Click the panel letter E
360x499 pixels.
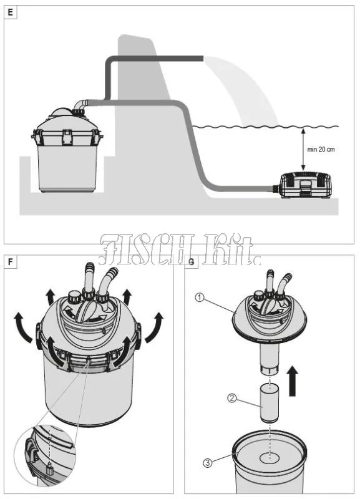11,12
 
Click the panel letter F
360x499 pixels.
11,262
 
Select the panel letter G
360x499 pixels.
192,262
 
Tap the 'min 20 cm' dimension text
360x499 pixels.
321,149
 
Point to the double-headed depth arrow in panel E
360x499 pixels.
303,149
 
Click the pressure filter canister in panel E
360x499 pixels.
67,150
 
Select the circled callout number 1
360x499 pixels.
199,298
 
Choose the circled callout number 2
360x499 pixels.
232,398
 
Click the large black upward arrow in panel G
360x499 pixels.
293,381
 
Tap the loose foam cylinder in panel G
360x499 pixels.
270,402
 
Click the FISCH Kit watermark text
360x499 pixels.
179,250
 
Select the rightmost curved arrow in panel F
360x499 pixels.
154,328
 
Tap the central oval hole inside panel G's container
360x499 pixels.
270,458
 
